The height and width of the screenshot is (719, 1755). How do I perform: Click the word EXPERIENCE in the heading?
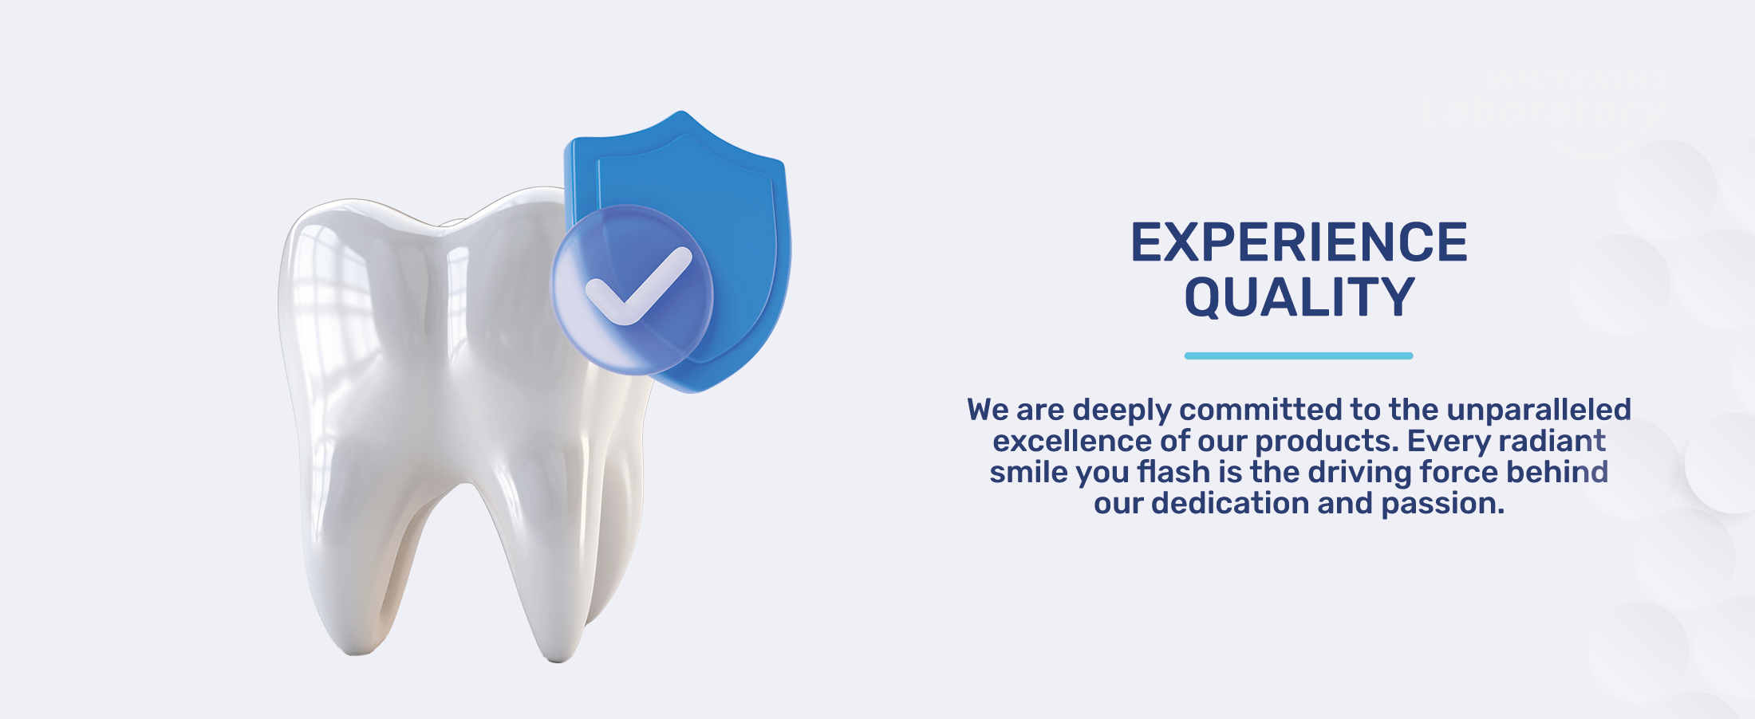pos(1299,242)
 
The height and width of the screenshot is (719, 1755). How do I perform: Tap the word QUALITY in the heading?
pos(1299,297)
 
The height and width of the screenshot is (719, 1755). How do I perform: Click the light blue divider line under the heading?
pos(1299,356)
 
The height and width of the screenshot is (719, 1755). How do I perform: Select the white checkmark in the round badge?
pos(638,285)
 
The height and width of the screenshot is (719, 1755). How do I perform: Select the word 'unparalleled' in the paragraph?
pos(1539,410)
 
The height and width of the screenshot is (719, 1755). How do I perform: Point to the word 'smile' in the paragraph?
pos(1030,472)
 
